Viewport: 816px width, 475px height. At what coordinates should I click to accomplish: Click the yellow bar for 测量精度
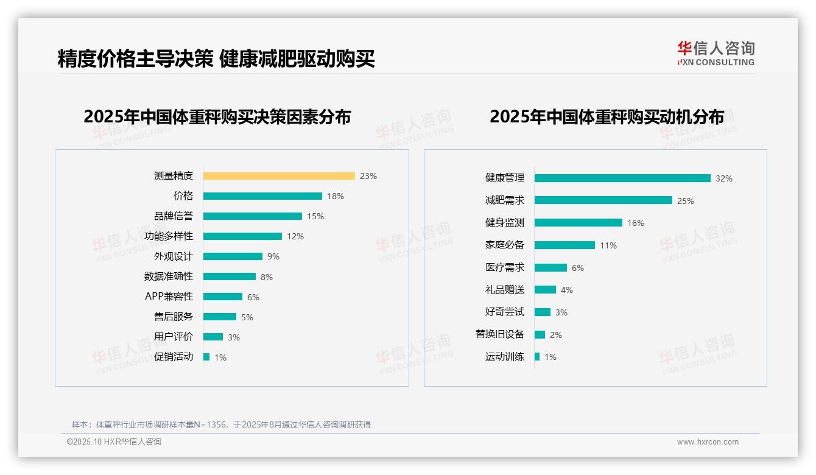[x=279, y=176]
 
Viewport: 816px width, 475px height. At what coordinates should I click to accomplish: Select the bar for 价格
[x=262, y=196]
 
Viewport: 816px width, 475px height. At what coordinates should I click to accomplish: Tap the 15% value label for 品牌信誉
[x=315, y=216]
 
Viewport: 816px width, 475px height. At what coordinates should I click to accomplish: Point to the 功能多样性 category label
[x=169, y=236]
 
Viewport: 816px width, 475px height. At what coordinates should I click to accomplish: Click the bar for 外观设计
[x=233, y=256]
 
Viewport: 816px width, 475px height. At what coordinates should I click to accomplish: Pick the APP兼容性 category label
[x=169, y=297]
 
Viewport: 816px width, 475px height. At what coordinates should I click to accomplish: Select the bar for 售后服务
[x=220, y=317]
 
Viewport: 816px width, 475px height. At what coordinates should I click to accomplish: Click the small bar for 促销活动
[x=206, y=357]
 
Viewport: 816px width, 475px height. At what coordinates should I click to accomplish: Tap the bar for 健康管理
[x=622, y=178]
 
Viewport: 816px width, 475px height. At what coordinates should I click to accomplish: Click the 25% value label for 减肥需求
[x=686, y=201]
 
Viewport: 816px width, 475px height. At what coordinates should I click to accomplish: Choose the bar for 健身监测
[x=579, y=223]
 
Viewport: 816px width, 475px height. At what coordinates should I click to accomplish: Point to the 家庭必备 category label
[x=505, y=245]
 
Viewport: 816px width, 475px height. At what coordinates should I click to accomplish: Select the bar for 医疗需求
[x=550, y=268]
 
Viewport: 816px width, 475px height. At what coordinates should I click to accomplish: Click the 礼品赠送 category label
[x=505, y=290]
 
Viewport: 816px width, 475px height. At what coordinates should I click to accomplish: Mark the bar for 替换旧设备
[x=540, y=335]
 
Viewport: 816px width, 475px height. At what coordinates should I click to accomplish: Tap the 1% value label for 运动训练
[x=550, y=357]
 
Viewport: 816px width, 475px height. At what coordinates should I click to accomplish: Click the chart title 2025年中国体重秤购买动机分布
[x=607, y=117]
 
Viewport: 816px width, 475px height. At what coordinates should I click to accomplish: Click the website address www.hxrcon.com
[x=708, y=442]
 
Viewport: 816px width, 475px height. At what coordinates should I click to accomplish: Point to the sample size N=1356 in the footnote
[x=206, y=424]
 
